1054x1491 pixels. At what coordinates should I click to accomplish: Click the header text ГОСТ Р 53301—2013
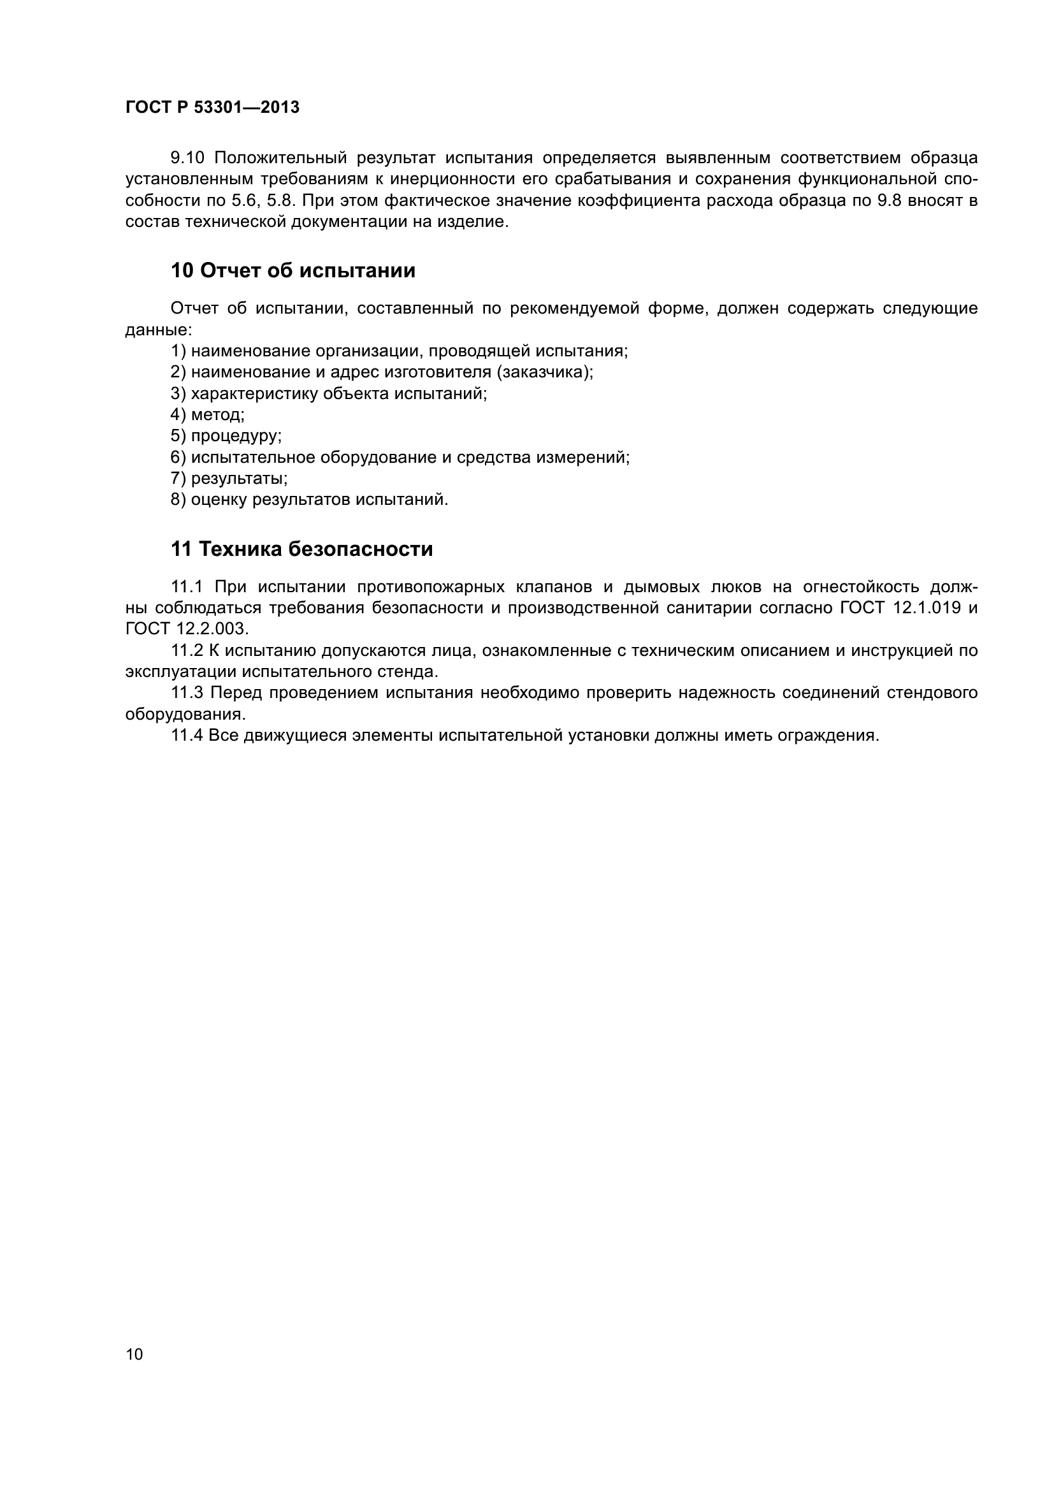[x=212, y=108]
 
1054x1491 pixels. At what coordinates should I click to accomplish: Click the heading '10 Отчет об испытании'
[x=292, y=271]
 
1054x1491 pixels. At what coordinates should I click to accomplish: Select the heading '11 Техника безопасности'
[x=302, y=549]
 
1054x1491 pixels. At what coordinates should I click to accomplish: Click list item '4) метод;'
[x=208, y=415]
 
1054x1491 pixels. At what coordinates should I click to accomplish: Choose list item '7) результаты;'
[x=229, y=479]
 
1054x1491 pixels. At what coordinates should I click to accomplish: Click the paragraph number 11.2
[x=187, y=651]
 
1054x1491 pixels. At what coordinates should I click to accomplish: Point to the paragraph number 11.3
[x=187, y=693]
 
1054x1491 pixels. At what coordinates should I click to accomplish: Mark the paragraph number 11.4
[x=187, y=736]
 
